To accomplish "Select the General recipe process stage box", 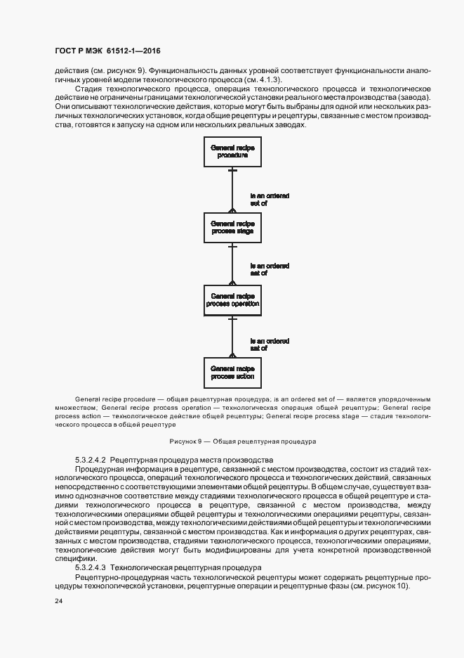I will (232, 226).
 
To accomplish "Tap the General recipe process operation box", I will (232, 299).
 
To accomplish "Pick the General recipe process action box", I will (232, 372).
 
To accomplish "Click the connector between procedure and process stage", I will (232, 189).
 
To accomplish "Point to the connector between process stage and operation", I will (232, 263).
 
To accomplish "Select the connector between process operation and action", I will (232, 336).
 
